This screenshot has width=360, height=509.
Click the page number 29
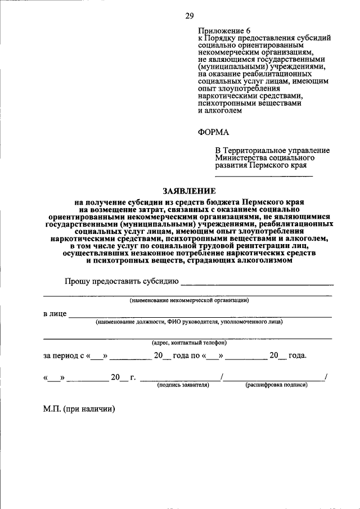click(190, 16)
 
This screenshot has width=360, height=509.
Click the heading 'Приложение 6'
click(224, 30)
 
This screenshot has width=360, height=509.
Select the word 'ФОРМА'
click(214, 132)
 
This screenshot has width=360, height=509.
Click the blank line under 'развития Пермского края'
click(264, 177)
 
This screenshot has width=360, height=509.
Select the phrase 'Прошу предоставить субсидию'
click(121, 281)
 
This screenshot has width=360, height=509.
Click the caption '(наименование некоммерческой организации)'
click(189, 300)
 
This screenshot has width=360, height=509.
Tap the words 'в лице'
click(55, 313)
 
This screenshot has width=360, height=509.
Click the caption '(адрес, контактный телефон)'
click(188, 342)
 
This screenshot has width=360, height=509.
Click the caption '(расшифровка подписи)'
click(276, 385)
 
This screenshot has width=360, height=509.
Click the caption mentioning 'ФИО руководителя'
click(189, 322)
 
